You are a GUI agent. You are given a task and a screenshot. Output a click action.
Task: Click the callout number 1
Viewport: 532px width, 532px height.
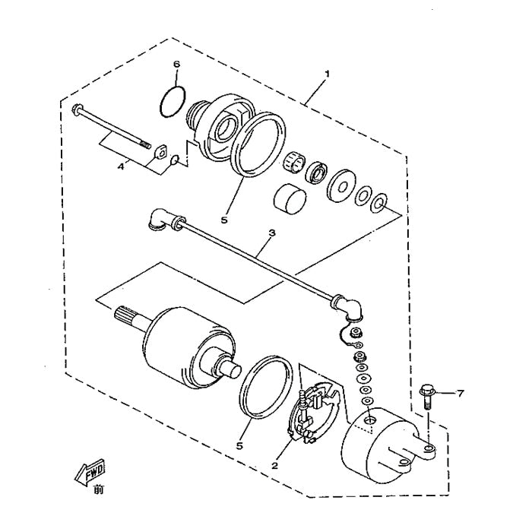pyautogui.click(x=327, y=74)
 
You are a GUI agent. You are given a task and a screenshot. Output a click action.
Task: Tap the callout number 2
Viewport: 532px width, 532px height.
pyautogui.click(x=275, y=462)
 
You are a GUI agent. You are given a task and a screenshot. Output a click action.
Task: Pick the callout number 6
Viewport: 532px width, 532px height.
pyautogui.click(x=176, y=65)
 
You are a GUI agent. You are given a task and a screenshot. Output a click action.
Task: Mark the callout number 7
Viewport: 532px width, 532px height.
pyautogui.click(x=460, y=393)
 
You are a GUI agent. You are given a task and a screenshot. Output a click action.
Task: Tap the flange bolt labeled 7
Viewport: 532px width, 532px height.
pyautogui.click(x=426, y=396)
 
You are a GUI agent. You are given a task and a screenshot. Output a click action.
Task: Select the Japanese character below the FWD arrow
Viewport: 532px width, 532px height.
pyautogui.click(x=98, y=491)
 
